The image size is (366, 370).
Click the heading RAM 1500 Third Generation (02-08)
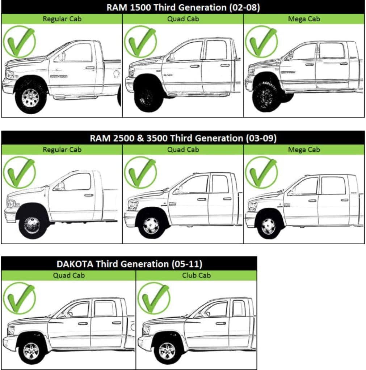[183, 8]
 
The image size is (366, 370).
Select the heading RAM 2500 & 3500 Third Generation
[183, 138]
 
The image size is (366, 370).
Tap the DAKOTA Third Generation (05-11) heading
[129, 264]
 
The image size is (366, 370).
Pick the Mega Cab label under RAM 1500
[304, 19]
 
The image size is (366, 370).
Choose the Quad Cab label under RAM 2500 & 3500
[183, 150]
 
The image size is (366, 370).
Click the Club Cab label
[196, 275]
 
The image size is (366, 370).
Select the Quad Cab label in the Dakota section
[68, 275]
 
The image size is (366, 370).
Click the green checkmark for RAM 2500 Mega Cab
[261, 172]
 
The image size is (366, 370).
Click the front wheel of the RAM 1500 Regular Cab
[30, 98]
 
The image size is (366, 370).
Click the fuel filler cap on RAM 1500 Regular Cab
[116, 74]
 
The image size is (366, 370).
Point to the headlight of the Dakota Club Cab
[147, 330]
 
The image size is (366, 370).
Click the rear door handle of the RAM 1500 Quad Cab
[225, 65]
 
